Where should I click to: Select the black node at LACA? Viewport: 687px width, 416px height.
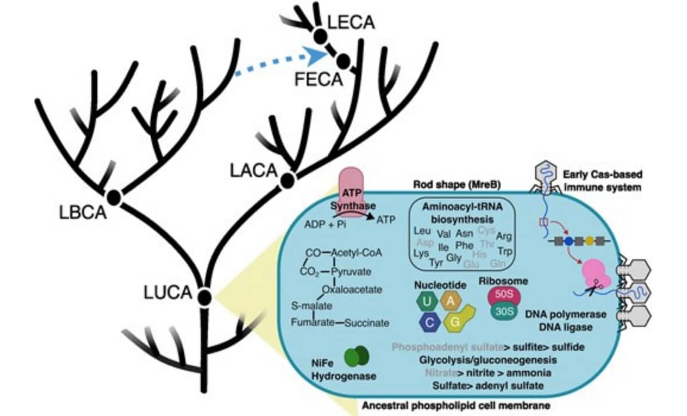(288, 180)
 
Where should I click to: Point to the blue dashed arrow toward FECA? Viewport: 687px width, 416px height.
(281, 62)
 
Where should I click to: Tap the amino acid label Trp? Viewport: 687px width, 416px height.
(504, 251)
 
